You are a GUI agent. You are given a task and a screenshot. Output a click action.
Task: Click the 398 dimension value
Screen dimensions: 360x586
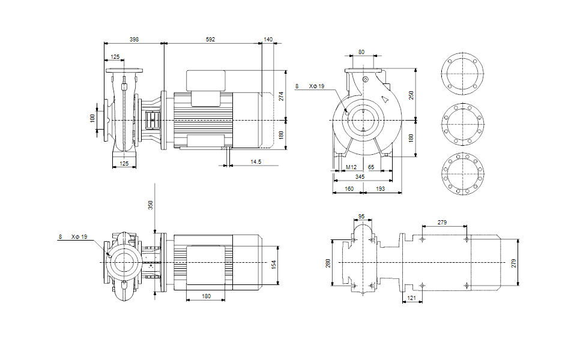[x=134, y=39]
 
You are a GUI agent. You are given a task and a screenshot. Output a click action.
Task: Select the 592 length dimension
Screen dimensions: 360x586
[x=210, y=39]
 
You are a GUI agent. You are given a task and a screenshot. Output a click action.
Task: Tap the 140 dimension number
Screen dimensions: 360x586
[x=268, y=39]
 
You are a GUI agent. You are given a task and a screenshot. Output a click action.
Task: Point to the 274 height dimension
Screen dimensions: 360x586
[x=281, y=96]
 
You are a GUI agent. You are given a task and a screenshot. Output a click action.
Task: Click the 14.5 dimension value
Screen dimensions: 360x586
[x=256, y=162]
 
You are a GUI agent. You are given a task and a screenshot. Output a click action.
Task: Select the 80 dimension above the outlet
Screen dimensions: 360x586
[x=361, y=52]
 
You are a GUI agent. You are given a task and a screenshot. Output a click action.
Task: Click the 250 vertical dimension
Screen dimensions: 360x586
[x=411, y=95]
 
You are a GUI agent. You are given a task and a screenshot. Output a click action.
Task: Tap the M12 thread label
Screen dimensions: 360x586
[x=351, y=167]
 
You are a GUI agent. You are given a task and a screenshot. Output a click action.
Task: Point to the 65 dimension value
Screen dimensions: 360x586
[x=372, y=167]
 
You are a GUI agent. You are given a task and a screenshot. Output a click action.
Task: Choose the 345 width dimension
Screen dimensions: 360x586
[x=360, y=177]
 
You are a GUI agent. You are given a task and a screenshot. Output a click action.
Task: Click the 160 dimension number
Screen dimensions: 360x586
[x=348, y=189]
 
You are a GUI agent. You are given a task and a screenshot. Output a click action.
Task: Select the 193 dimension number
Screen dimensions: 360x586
[x=380, y=189]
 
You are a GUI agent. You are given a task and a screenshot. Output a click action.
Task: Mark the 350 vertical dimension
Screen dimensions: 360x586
[x=151, y=205]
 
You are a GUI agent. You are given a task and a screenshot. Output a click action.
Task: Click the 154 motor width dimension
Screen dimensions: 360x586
[x=274, y=263]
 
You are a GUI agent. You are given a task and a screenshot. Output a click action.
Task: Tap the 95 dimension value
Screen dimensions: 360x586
[x=361, y=216]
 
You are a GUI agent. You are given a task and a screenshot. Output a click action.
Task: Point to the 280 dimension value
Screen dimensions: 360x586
[x=328, y=263]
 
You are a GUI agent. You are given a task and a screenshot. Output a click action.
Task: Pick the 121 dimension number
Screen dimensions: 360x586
[x=411, y=298]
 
